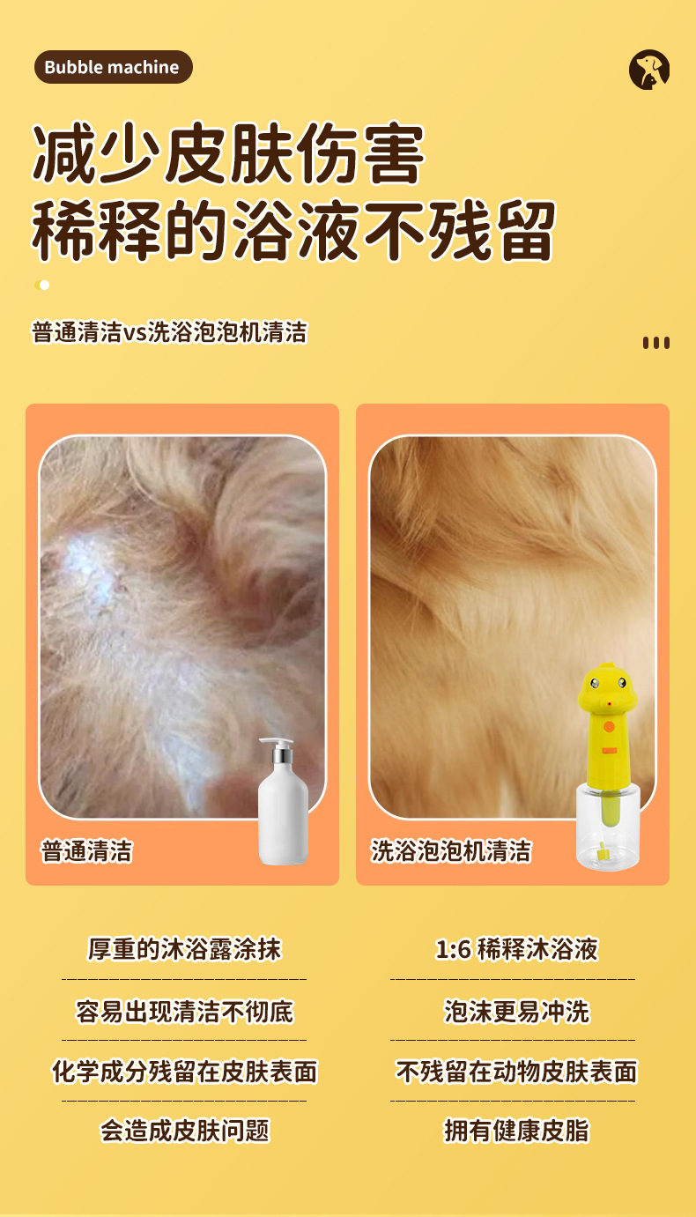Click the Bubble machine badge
113,67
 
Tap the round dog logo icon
648,70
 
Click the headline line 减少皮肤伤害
228,153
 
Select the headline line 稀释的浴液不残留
293,231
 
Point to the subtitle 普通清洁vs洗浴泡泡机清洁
169,332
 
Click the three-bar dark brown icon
655,342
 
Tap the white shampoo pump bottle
283,801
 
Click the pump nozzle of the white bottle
276,742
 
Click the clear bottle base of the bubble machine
608,827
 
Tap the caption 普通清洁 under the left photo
86,851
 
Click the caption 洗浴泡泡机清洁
450,851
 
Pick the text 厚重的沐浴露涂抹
184,949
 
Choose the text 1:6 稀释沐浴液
516,949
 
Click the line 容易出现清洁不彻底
184,1011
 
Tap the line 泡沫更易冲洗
516,1011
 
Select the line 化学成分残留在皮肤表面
184,1072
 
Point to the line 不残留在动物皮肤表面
516,1072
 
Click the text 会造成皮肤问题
184,1132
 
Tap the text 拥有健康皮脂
516,1132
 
